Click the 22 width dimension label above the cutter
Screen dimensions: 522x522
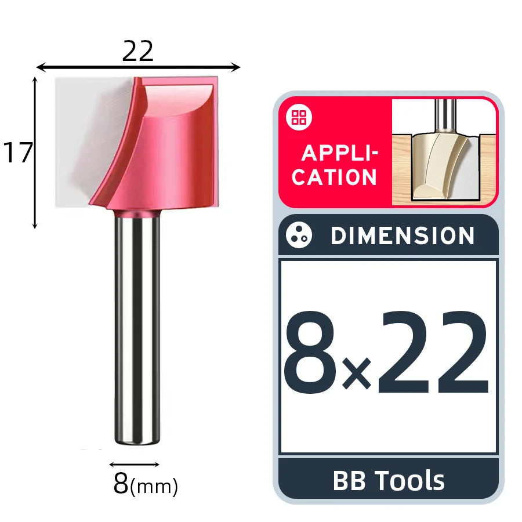137,51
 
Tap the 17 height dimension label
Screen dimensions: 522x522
18,153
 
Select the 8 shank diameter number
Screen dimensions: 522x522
121,483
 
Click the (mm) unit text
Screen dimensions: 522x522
154,487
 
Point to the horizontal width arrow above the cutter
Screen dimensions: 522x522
138,67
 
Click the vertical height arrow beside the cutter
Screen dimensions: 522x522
35,153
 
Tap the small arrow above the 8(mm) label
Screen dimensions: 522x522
134,465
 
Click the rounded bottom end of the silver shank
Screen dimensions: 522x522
137,441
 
